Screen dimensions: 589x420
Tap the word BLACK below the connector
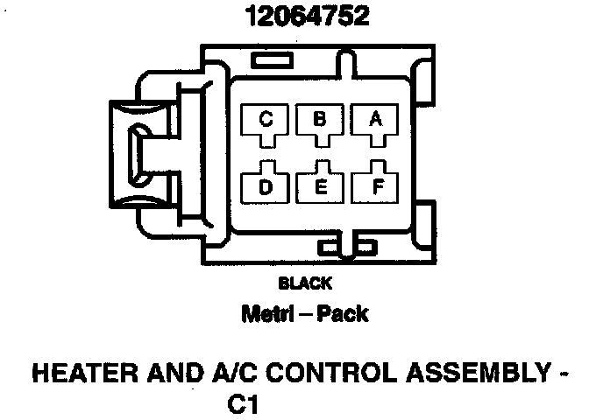click(x=304, y=283)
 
